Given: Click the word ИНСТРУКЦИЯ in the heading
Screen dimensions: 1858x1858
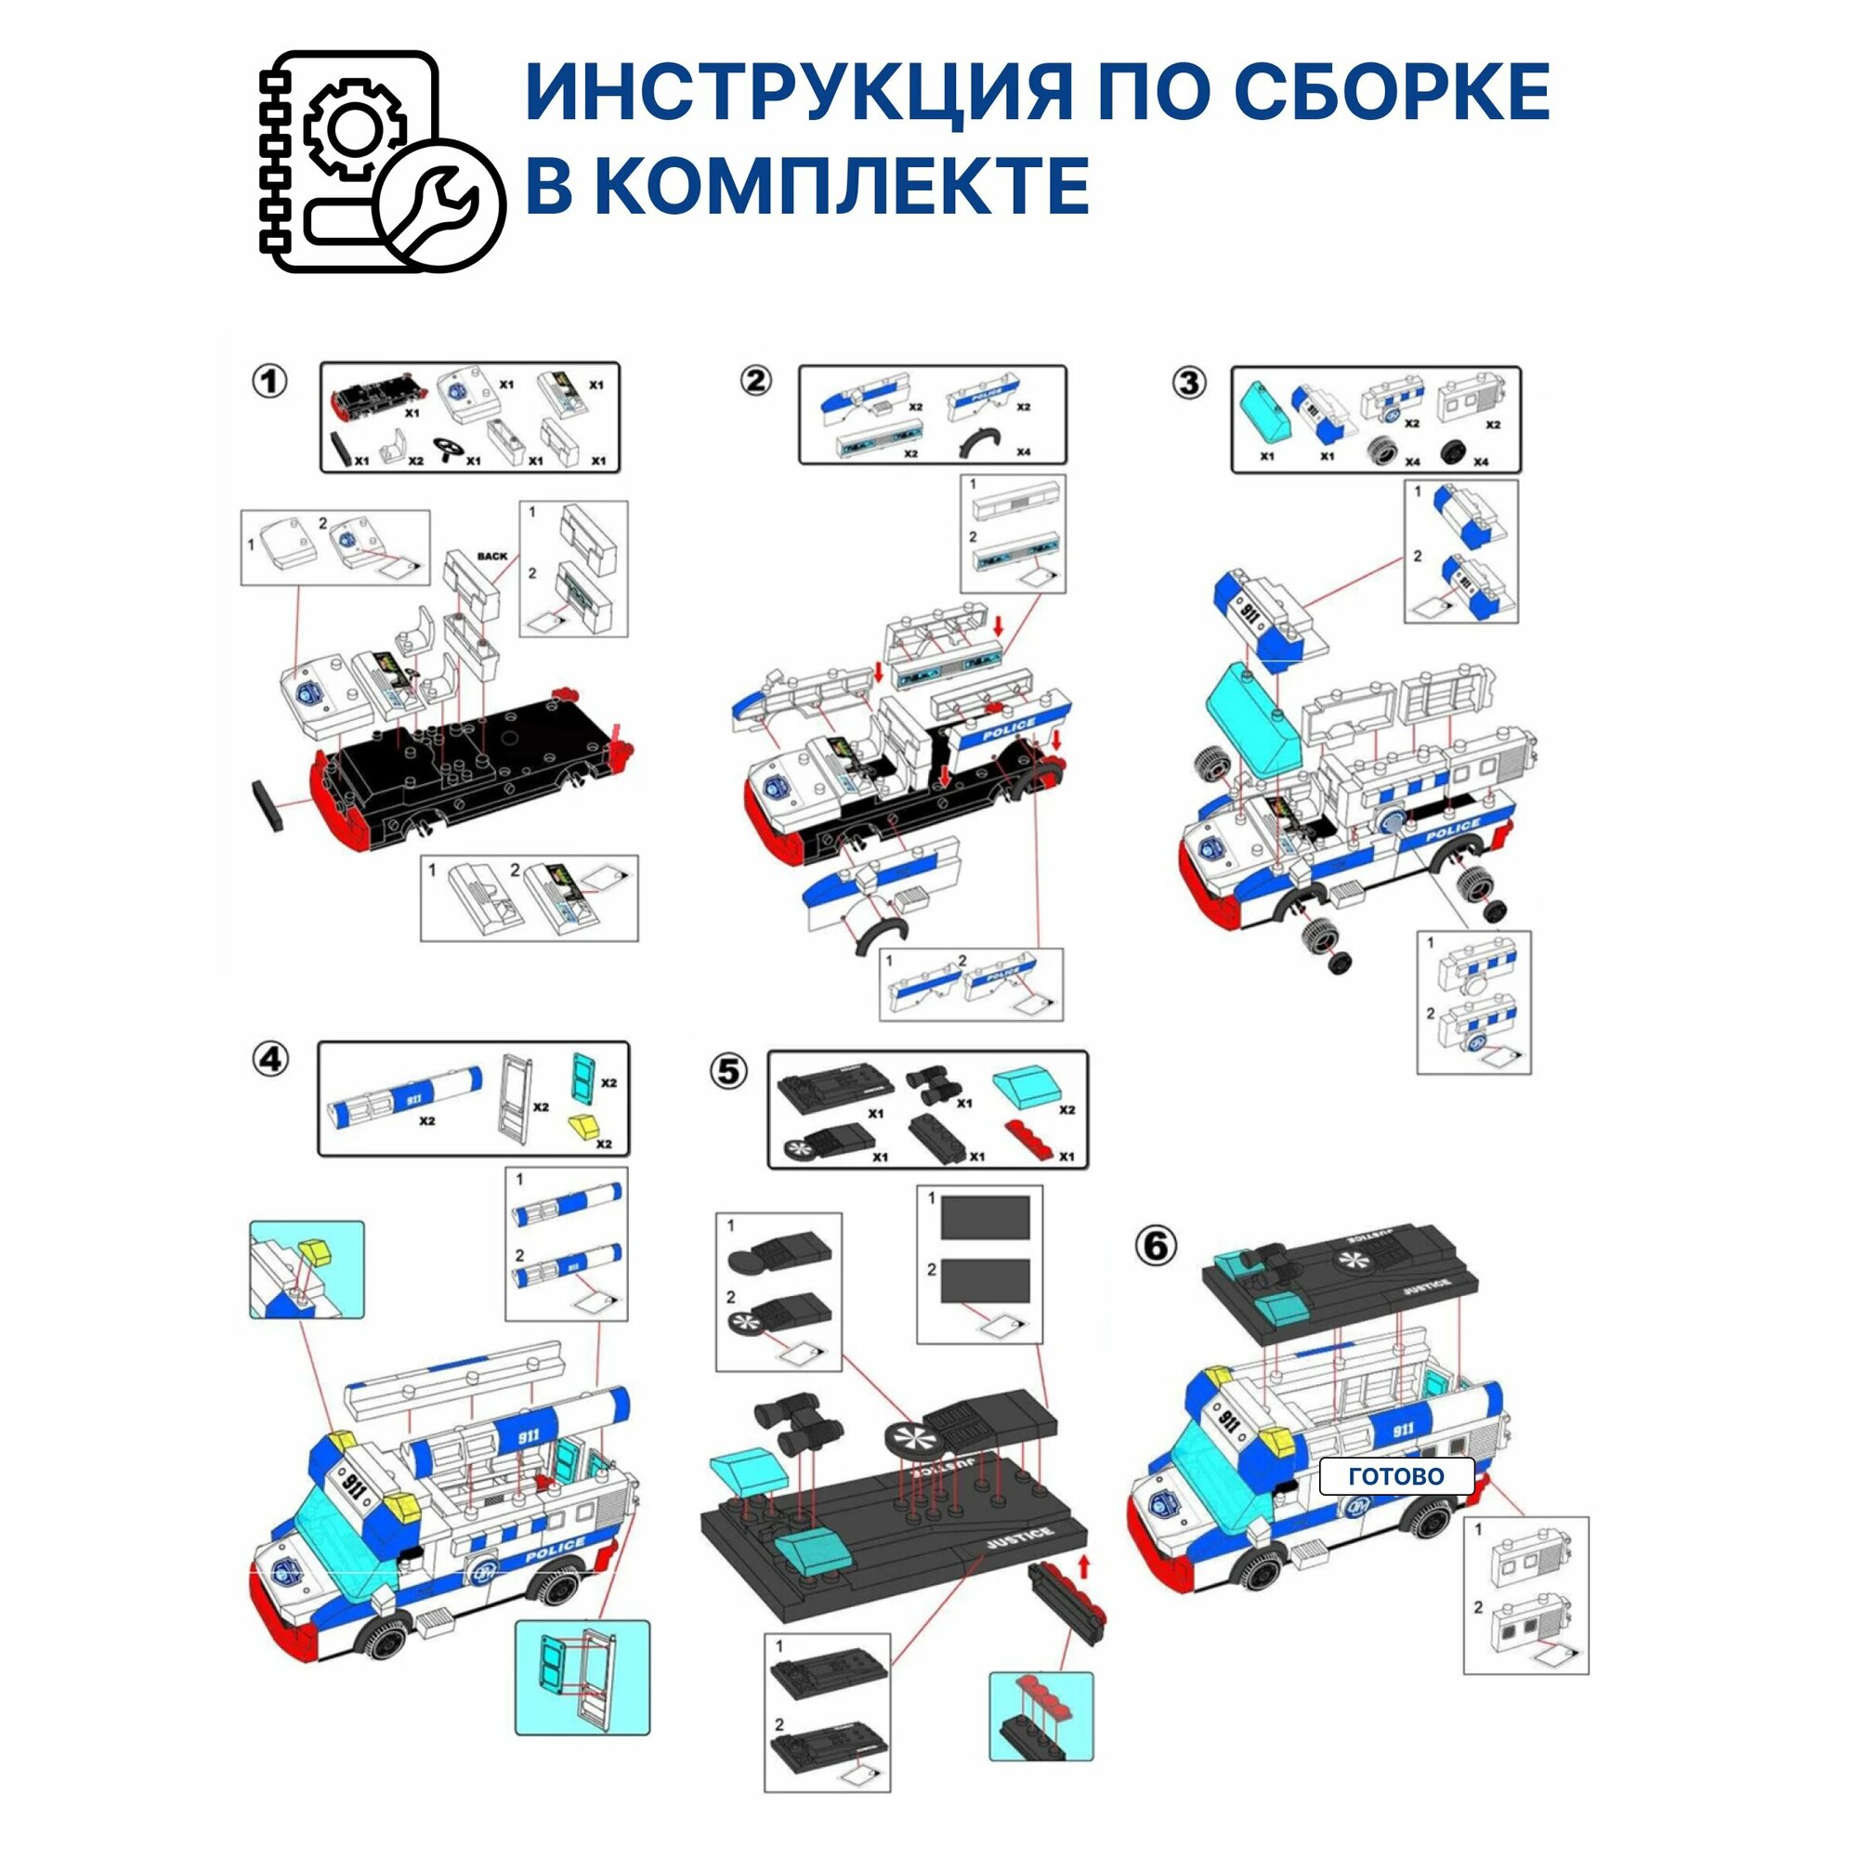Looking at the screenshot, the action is pyautogui.click(x=798, y=93).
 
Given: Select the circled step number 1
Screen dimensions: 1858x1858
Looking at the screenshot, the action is pyautogui.click(x=270, y=382).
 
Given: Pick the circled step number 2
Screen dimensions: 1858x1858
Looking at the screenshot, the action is pyautogui.click(x=756, y=382).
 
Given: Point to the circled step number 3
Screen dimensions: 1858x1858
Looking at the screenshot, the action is pyautogui.click(x=1190, y=384).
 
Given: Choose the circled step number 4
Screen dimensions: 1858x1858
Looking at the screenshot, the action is pyautogui.click(x=270, y=1060).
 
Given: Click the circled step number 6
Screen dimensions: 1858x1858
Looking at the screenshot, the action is pyautogui.click(x=1155, y=1247).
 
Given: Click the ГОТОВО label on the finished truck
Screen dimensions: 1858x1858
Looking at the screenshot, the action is pyautogui.click(x=1395, y=1476).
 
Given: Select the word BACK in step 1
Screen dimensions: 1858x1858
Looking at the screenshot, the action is pyautogui.click(x=491, y=556).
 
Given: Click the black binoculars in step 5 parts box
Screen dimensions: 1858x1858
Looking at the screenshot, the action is pyautogui.click(x=931, y=1084).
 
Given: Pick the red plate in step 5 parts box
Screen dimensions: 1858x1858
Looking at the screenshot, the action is pyautogui.click(x=1035, y=1139).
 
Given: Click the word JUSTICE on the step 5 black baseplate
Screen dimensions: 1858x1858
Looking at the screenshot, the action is pyautogui.click(x=1019, y=1538).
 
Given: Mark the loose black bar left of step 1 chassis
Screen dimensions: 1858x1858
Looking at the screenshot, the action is pyautogui.click(x=271, y=805).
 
